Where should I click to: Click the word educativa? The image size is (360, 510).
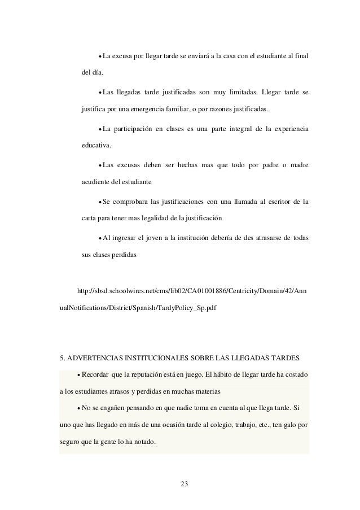96,145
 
